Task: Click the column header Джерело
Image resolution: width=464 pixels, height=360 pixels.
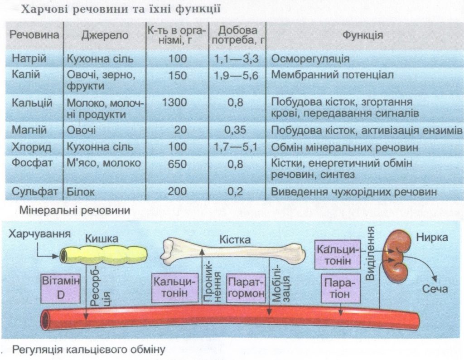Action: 105,35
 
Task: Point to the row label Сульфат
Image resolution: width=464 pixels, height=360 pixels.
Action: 35,192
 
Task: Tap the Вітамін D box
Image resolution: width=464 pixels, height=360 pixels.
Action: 60,287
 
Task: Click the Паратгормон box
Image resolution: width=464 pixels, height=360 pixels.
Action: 245,287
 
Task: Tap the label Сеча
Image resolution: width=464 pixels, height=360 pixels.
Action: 435,289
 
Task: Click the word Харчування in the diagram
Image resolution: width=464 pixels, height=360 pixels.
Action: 40,234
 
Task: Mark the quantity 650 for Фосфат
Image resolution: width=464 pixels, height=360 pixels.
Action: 177,163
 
